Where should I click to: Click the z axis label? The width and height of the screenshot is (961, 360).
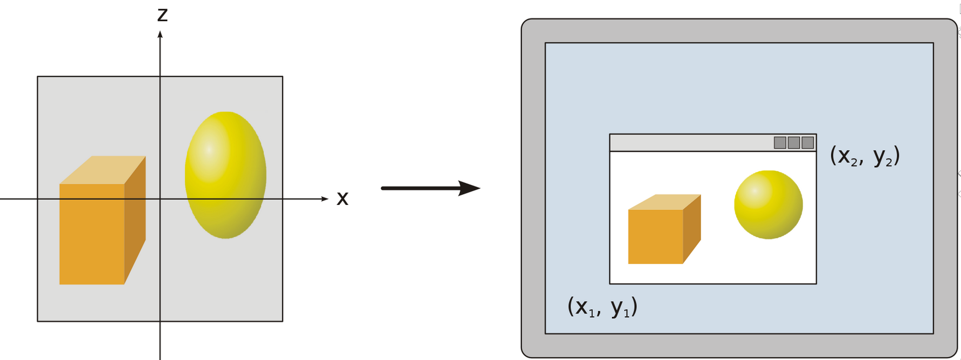[162, 15]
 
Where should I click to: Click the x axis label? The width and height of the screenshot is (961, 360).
[342, 199]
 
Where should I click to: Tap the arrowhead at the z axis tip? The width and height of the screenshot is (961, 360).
[160, 35]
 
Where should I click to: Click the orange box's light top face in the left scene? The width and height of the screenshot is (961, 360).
[103, 170]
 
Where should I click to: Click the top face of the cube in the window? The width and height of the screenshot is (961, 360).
[665, 202]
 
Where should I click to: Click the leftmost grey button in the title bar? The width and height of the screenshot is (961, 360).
[780, 143]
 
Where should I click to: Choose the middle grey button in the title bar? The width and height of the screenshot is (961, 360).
[793, 143]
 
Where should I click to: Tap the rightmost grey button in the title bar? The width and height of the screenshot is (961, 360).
[807, 143]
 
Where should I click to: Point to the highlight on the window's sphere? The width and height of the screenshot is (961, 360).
[754, 191]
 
